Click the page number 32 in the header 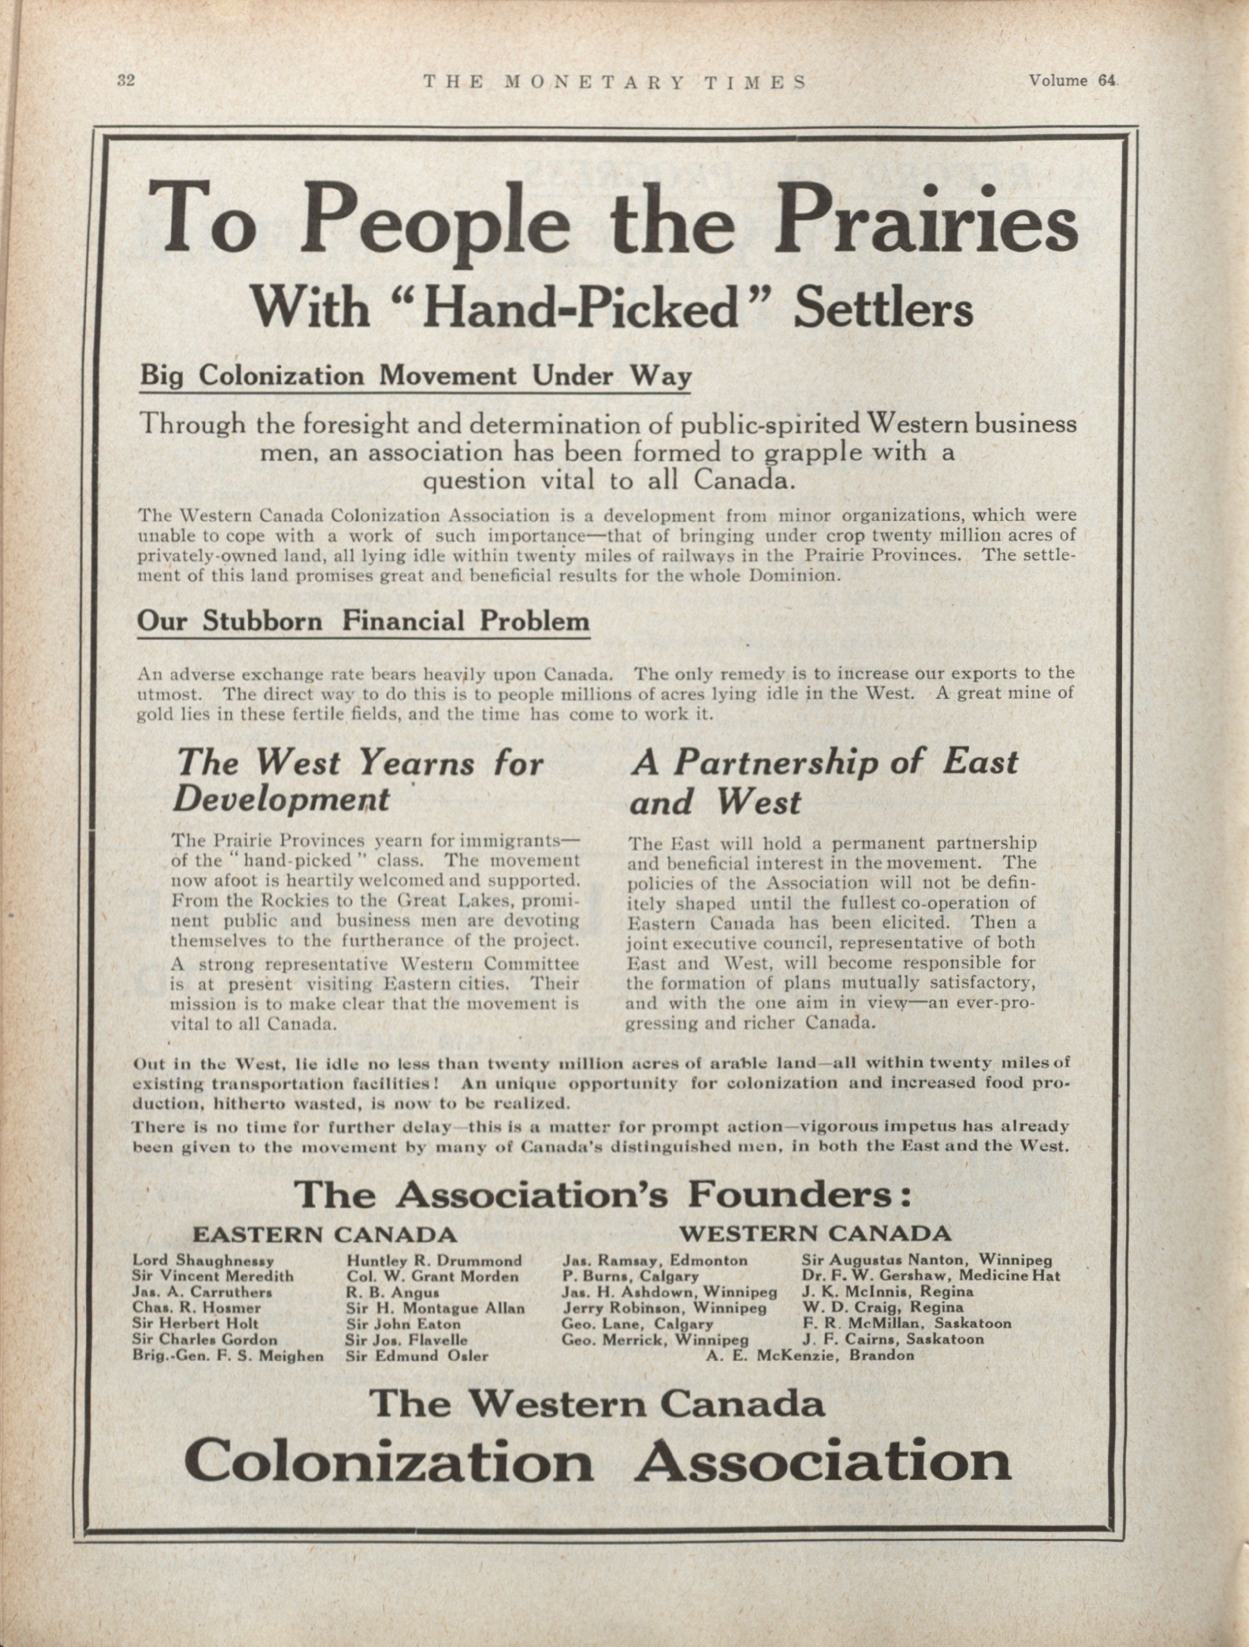125,81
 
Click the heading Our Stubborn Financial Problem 363,621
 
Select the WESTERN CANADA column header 815,1234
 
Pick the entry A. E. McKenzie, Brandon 810,1355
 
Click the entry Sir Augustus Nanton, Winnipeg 926,1260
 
